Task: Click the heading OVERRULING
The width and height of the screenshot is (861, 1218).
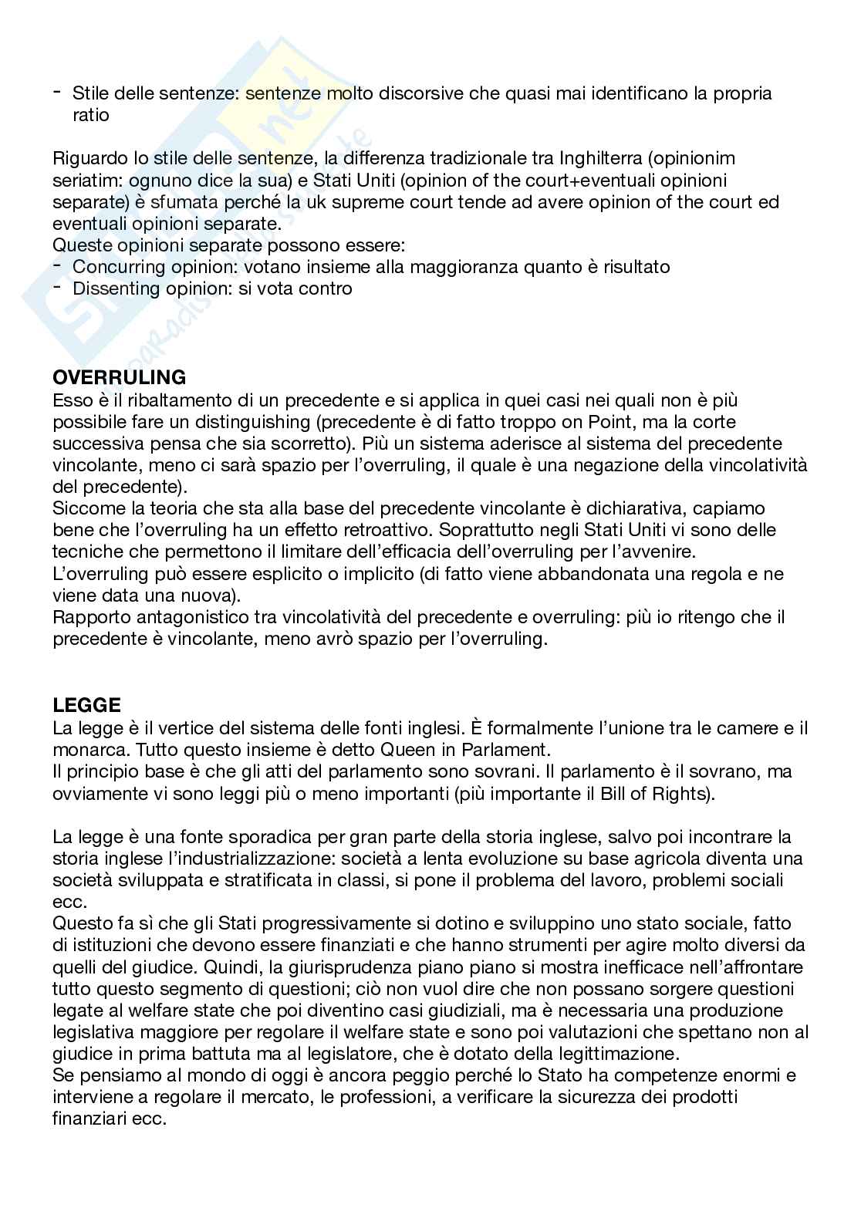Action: tap(120, 378)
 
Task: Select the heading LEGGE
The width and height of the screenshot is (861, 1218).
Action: tap(87, 705)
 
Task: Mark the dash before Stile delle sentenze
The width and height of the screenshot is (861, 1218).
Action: tap(58, 93)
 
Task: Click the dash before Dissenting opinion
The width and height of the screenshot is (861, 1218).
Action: tap(58, 287)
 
